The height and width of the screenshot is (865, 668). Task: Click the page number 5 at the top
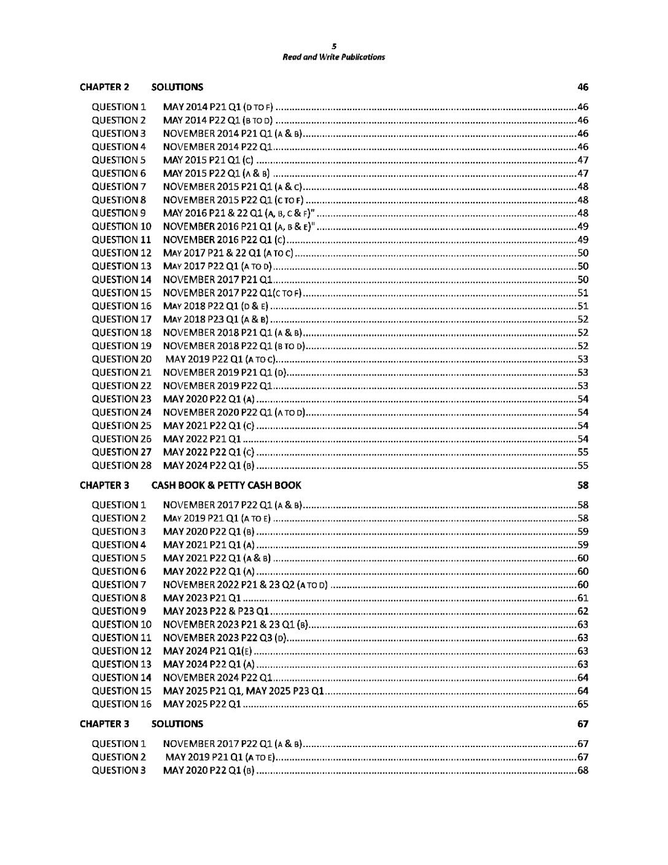tap(334, 46)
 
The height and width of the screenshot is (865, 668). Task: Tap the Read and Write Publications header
tap(334, 57)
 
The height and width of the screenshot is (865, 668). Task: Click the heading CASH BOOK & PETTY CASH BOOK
tap(226, 485)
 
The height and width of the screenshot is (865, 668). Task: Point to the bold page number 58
tap(583, 485)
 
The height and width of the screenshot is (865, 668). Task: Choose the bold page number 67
tap(583, 724)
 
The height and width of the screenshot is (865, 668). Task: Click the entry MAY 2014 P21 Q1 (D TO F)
tap(218, 107)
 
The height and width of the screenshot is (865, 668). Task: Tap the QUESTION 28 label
tap(121, 465)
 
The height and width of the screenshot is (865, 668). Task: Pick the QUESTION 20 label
tap(121, 359)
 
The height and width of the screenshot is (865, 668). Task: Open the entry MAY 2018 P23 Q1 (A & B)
tap(216, 319)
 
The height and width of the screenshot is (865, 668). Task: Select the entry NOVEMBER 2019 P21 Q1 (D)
tap(225, 372)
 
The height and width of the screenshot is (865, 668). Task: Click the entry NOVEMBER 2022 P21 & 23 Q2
tap(246, 585)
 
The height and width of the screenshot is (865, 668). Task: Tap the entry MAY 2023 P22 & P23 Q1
tap(216, 611)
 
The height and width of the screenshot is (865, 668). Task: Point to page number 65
tap(583, 704)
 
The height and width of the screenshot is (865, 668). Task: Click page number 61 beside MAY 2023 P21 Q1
tap(583, 598)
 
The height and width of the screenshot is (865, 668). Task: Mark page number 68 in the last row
tap(583, 770)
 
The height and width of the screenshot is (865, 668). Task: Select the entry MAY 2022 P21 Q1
tap(202, 439)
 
